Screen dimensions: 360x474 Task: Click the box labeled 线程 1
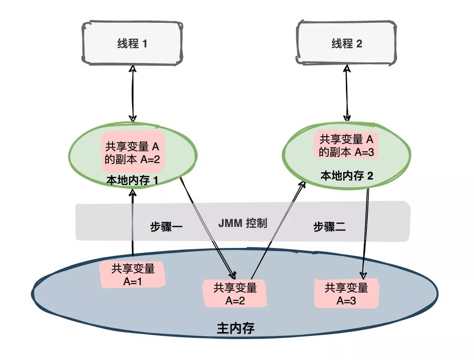(x=132, y=43)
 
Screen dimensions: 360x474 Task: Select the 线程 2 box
(x=346, y=43)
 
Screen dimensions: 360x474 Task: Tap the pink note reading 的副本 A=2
(x=132, y=153)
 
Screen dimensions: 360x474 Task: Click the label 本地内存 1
(x=132, y=181)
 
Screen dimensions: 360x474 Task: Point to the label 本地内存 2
(x=347, y=176)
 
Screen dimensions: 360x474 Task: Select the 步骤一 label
(x=166, y=226)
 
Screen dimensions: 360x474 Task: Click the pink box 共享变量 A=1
(x=133, y=275)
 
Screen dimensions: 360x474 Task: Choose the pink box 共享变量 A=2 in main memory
(x=235, y=293)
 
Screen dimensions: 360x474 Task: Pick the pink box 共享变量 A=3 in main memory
(x=346, y=294)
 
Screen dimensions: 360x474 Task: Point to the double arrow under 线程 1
(x=133, y=93)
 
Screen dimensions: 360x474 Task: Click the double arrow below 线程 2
(x=347, y=93)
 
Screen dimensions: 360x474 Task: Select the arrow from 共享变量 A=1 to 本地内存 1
(x=133, y=223)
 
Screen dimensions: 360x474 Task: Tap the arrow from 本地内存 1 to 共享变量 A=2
(x=207, y=228)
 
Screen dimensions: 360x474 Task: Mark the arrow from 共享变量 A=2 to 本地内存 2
(x=278, y=228)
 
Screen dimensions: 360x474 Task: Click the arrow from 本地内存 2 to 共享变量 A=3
(x=366, y=232)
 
